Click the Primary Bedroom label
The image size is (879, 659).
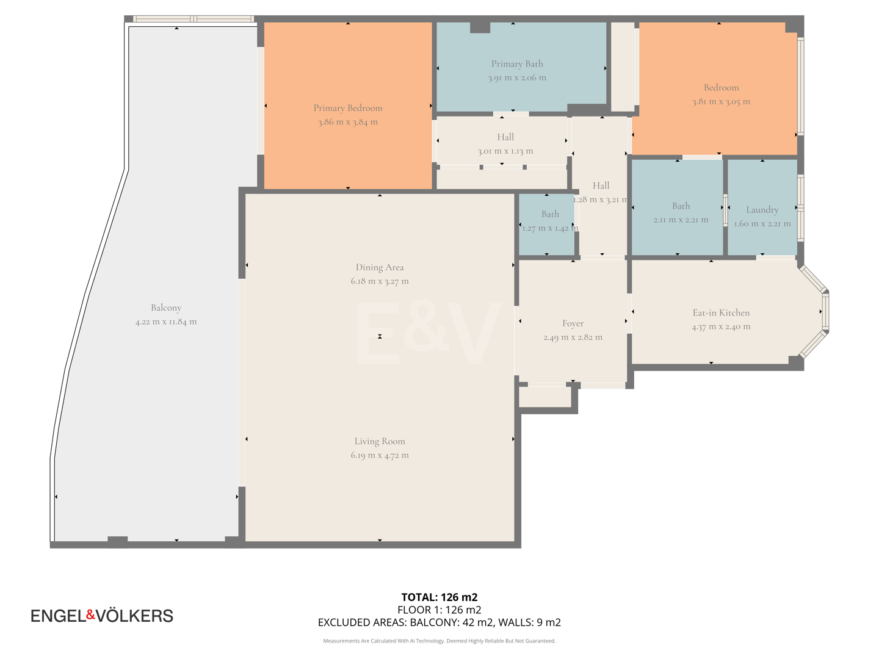tap(348, 108)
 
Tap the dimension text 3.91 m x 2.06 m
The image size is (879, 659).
tap(516, 78)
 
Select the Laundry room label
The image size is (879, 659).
tap(762, 210)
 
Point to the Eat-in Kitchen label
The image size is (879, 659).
tap(721, 313)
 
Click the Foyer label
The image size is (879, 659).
tap(573, 323)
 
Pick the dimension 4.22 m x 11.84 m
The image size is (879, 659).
tap(166, 322)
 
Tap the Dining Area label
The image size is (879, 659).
tap(380, 267)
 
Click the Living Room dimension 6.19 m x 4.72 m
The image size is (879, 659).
tap(380, 455)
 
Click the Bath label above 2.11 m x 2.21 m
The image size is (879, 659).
tap(681, 206)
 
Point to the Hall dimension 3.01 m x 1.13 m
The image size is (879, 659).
tap(505, 151)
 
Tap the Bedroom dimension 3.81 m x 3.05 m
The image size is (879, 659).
tap(721, 102)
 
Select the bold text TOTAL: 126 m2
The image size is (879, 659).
tap(439, 597)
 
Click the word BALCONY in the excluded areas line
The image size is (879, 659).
tap(432, 622)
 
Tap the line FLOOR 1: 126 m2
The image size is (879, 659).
tap(439, 610)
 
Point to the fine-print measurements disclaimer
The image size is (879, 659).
tap(439, 641)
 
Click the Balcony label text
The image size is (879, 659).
tap(166, 308)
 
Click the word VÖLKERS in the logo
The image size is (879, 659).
tap(135, 616)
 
